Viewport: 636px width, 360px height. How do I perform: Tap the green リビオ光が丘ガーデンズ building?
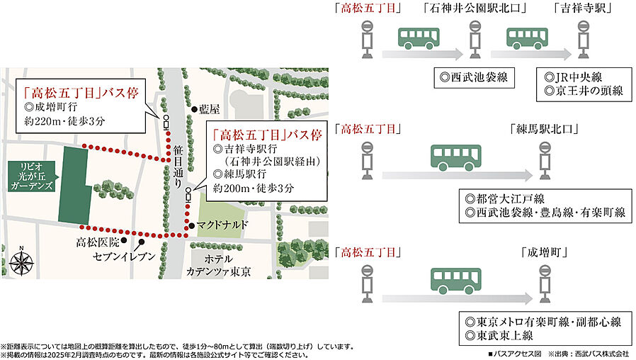(x=74, y=185)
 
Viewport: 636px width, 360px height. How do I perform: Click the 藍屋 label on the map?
(x=210, y=109)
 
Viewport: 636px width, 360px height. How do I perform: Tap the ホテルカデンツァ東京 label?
(x=219, y=266)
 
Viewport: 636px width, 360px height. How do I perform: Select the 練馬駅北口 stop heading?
(x=544, y=130)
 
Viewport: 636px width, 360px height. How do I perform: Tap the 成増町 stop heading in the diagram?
(x=545, y=252)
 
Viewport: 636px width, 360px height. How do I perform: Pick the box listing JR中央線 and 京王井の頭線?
(x=583, y=83)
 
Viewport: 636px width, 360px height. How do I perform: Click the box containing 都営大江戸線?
(x=544, y=206)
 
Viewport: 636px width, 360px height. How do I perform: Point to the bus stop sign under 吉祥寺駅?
(x=584, y=39)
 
